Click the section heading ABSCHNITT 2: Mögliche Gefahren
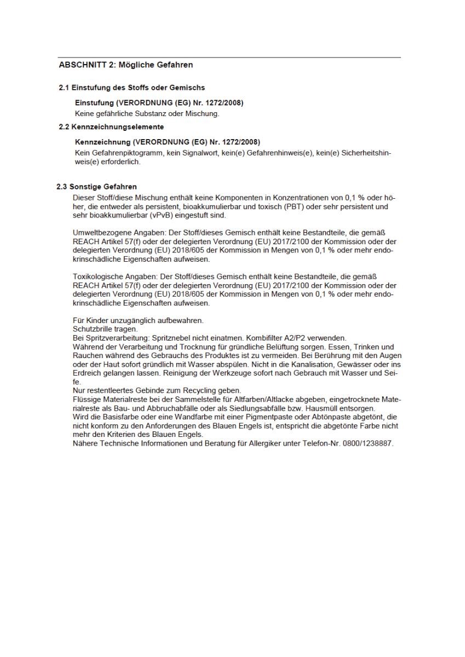[125, 65]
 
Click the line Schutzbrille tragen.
[105, 330]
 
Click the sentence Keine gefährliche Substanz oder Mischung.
[147, 113]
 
